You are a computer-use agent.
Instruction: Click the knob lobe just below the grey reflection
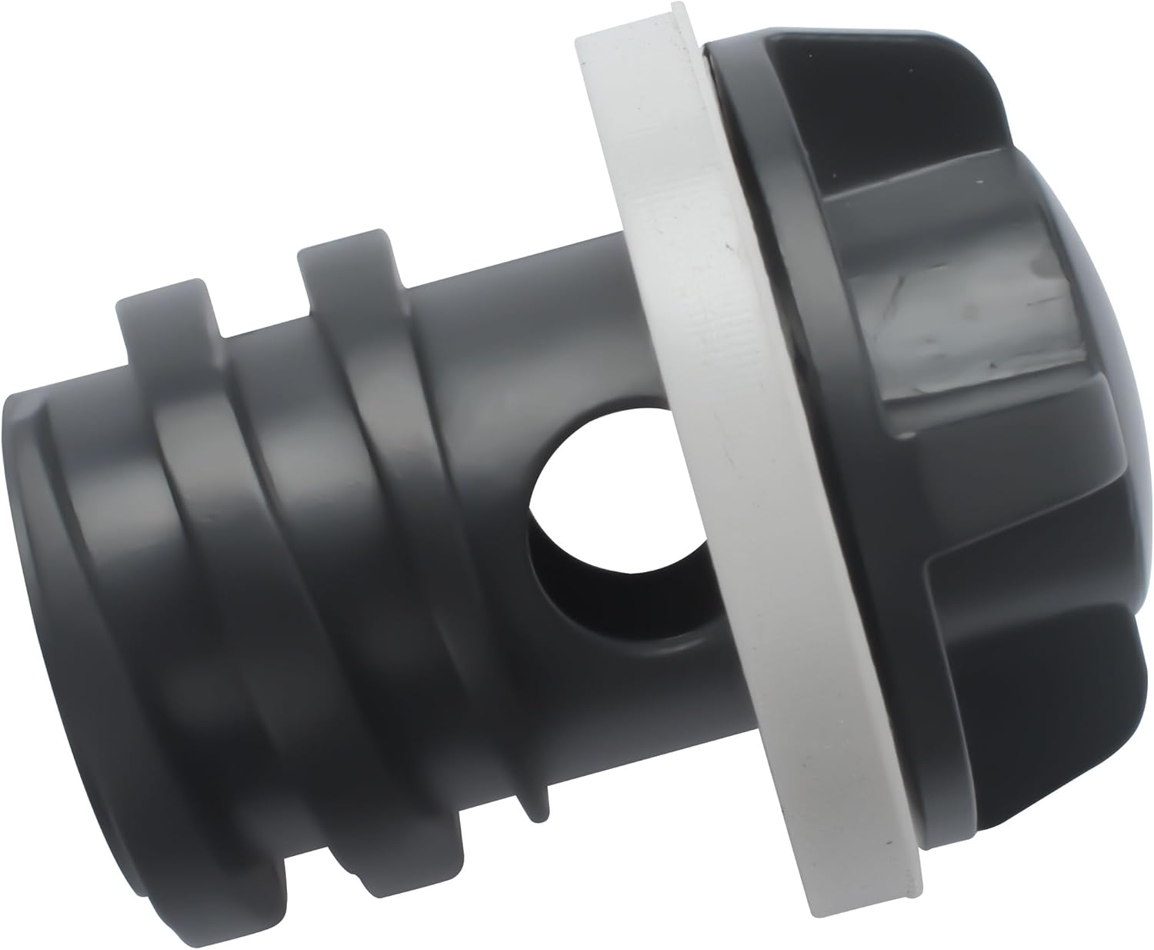coord(1000,477)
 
